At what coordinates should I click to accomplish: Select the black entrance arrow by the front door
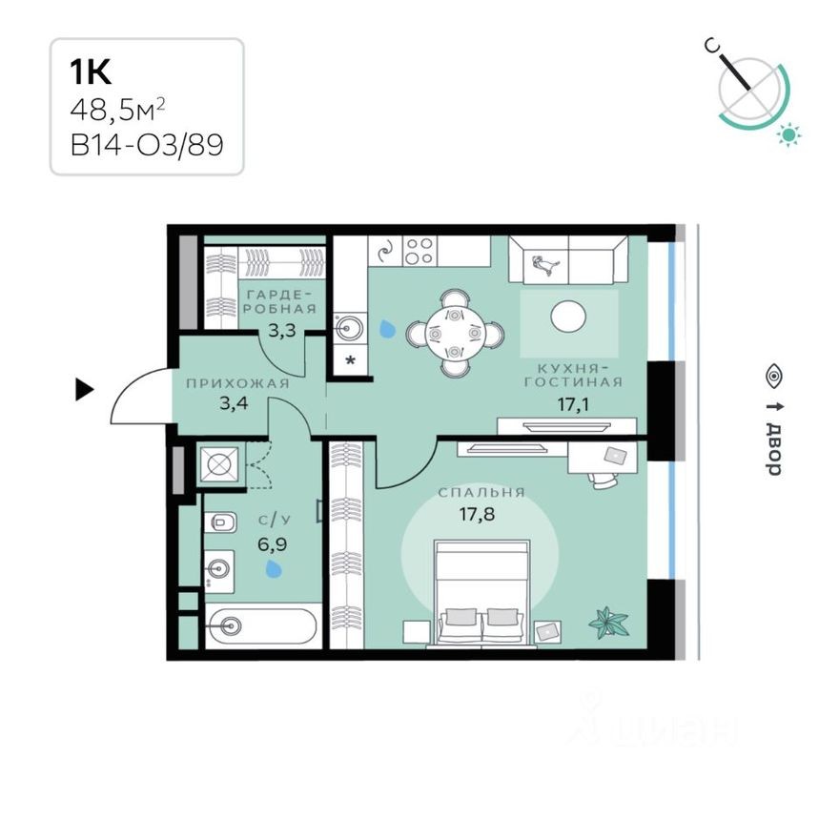pos(85,388)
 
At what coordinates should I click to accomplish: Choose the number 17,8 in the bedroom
pos(481,516)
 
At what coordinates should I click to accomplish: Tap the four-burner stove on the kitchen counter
pos(419,252)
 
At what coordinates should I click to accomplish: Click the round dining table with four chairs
pos(455,334)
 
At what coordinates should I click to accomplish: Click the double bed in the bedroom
pos(481,591)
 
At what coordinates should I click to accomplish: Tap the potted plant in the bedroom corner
pos(608,622)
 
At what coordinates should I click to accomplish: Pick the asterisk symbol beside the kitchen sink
pos(349,360)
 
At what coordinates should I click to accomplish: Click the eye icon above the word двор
pos(773,377)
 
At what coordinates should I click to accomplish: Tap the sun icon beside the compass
pos(788,134)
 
